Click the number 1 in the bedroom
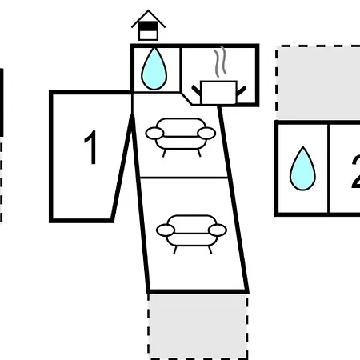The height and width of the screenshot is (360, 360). click(90, 147)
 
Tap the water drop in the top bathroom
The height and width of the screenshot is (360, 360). click(154, 70)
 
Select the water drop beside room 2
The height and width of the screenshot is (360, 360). click(302, 169)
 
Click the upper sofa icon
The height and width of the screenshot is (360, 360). click(181, 137)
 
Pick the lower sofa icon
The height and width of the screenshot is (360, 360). click(191, 234)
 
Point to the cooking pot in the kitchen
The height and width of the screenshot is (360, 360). click(218, 92)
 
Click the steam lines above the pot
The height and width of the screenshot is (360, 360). click(220, 62)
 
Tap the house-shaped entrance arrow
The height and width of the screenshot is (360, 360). click(148, 26)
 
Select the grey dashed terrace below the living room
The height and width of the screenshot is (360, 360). click(198, 326)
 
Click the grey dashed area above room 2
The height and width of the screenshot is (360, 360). click(318, 82)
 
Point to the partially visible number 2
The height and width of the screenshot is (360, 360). click(356, 173)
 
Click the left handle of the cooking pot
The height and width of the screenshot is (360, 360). click(196, 90)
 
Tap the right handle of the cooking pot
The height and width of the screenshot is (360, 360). click(242, 90)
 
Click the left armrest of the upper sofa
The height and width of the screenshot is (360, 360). click(154, 134)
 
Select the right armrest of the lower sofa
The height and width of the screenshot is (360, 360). click(218, 230)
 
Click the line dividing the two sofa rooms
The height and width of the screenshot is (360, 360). click(184, 177)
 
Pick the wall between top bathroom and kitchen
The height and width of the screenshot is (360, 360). click(181, 70)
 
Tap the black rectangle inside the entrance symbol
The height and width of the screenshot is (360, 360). click(148, 26)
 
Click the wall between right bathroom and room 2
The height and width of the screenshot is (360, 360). click(329, 168)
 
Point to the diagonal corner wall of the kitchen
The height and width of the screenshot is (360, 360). click(186, 98)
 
